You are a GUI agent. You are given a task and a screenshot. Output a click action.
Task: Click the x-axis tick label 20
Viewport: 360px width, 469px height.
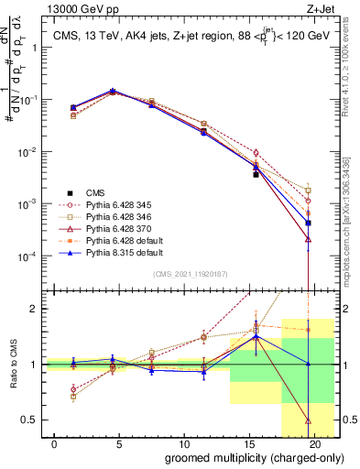(x=316, y=443)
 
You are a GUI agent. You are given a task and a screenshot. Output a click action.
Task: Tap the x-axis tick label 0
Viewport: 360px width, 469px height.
(x=56, y=443)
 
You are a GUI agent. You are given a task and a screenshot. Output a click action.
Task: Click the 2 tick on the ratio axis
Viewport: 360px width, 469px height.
(x=35, y=309)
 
